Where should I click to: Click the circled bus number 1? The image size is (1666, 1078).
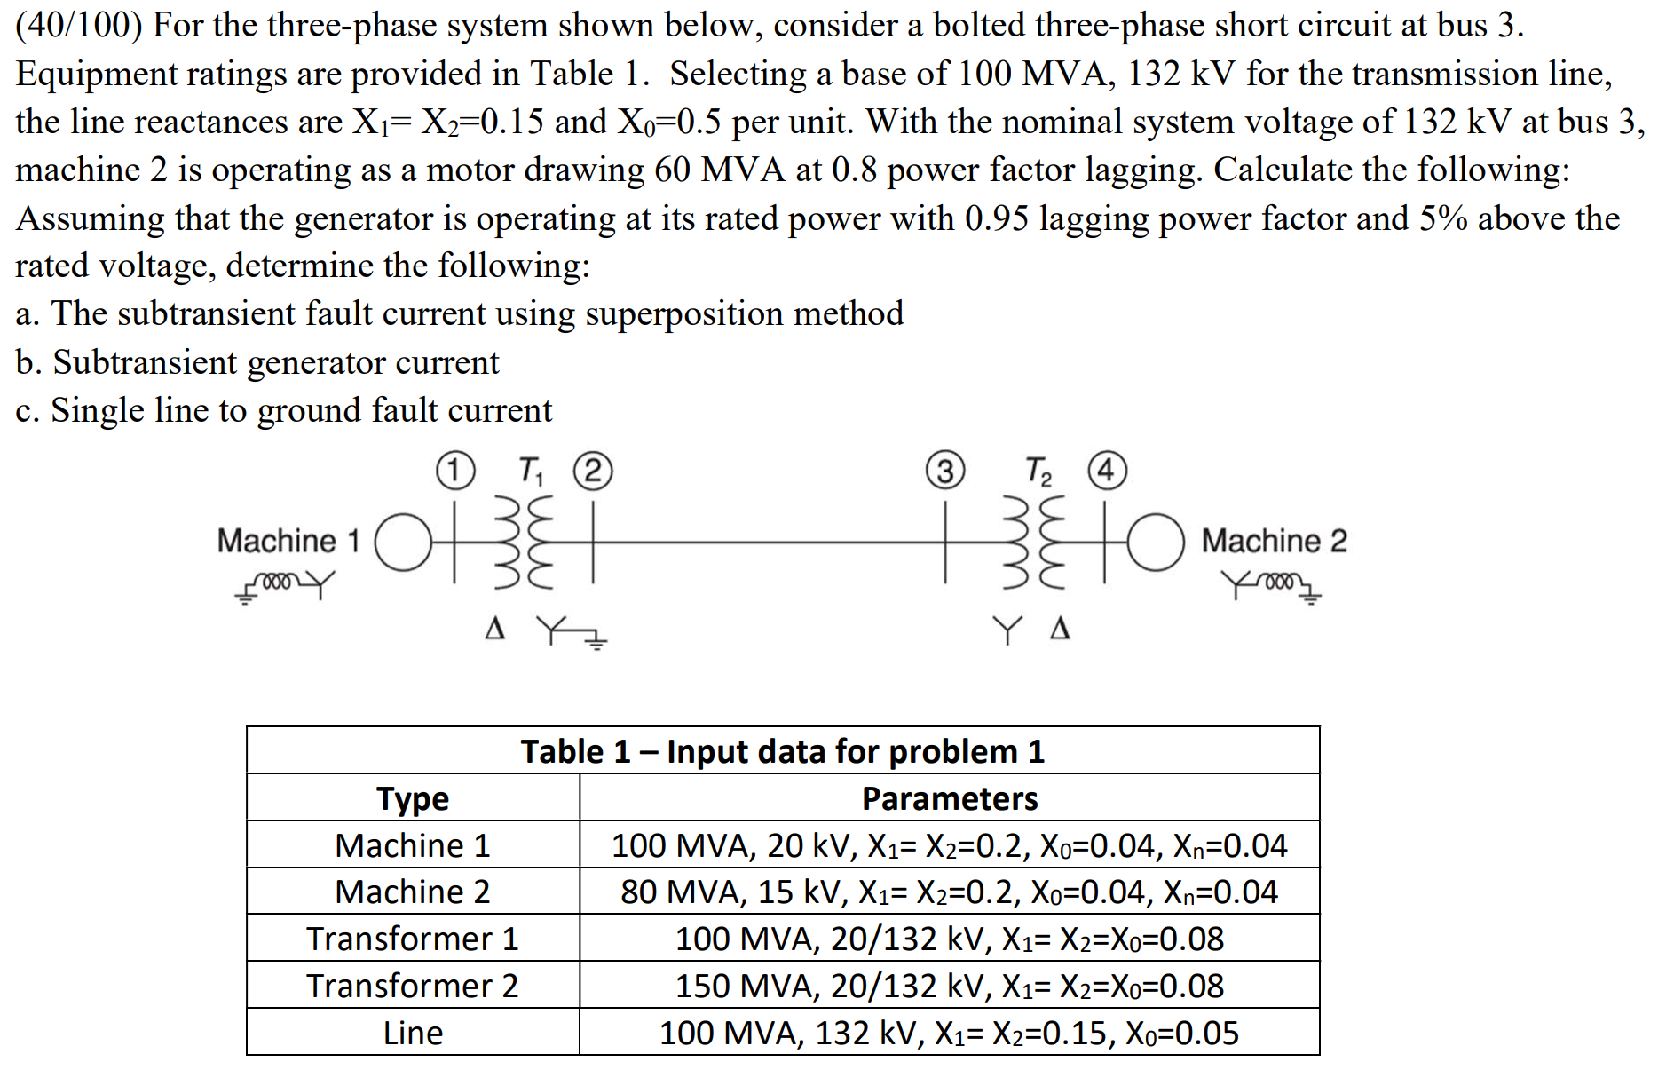coord(454,471)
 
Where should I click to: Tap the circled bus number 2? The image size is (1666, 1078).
coord(593,472)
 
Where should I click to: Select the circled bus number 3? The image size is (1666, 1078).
coord(945,472)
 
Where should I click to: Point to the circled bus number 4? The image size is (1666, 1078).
coord(1107,471)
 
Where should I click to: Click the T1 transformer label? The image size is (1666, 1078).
coord(530,471)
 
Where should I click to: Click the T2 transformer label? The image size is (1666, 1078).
coord(1038,471)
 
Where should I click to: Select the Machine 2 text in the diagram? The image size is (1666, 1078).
coord(1274,541)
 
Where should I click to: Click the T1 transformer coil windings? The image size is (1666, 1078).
coord(524,542)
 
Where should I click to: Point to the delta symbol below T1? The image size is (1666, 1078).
coord(495,630)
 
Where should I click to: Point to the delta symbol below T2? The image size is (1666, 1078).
coord(1060,630)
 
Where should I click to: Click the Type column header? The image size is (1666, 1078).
coord(413,798)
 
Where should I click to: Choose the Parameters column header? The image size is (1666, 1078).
coord(949,798)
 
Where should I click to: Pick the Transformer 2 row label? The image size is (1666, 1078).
coord(413,986)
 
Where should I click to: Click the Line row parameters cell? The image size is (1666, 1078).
coord(949,1033)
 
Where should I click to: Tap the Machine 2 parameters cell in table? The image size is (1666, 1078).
coord(949,892)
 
